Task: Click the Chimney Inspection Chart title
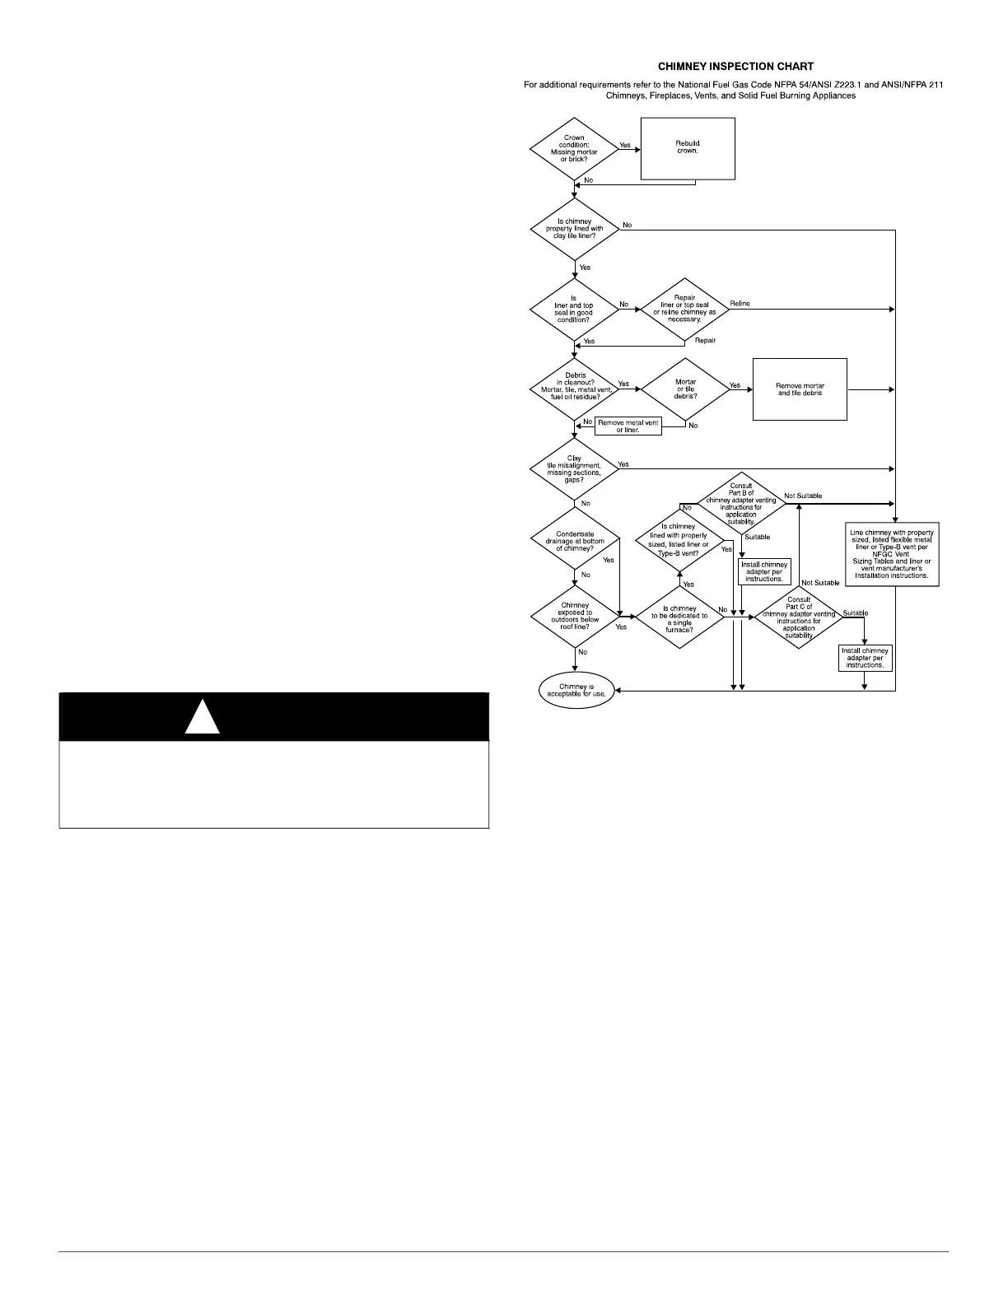[x=735, y=66]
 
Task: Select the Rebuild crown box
[x=688, y=148]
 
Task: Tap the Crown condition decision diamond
[x=574, y=148]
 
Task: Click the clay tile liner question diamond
[x=574, y=229]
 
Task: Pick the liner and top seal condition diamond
[x=574, y=310]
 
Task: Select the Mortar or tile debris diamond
[x=685, y=389]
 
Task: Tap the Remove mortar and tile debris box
[x=800, y=389]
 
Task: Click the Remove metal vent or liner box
[x=628, y=426]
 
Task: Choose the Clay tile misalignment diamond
[x=574, y=468]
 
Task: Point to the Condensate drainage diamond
[x=574, y=541]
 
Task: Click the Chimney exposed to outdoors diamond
[x=574, y=616]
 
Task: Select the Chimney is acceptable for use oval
[x=576, y=691]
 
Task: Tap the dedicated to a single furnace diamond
[x=679, y=618]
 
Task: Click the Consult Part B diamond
[x=741, y=502]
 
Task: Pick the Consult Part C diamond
[x=799, y=617]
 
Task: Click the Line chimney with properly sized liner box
[x=893, y=554]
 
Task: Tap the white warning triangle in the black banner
[x=202, y=717]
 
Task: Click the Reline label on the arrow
[x=740, y=304]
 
